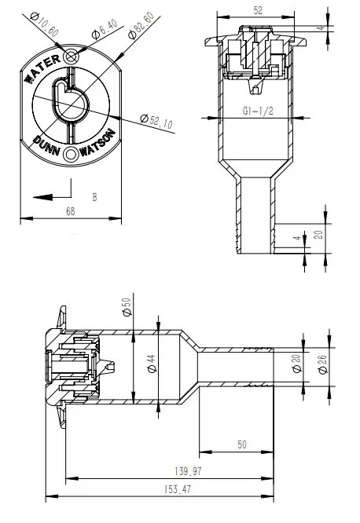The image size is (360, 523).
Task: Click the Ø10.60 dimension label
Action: tap(44, 24)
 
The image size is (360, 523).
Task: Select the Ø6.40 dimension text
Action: tap(105, 29)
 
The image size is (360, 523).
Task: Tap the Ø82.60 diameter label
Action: tap(141, 25)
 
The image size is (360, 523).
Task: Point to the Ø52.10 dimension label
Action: tap(156, 121)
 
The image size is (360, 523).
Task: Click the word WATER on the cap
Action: tap(42, 68)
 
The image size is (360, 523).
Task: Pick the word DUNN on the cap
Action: tap(47, 145)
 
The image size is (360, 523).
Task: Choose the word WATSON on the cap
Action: tap(97, 143)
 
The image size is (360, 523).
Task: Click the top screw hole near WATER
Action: tap(71, 57)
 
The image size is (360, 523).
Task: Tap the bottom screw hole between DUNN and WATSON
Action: tap(71, 154)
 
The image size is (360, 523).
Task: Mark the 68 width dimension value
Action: tap(71, 211)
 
